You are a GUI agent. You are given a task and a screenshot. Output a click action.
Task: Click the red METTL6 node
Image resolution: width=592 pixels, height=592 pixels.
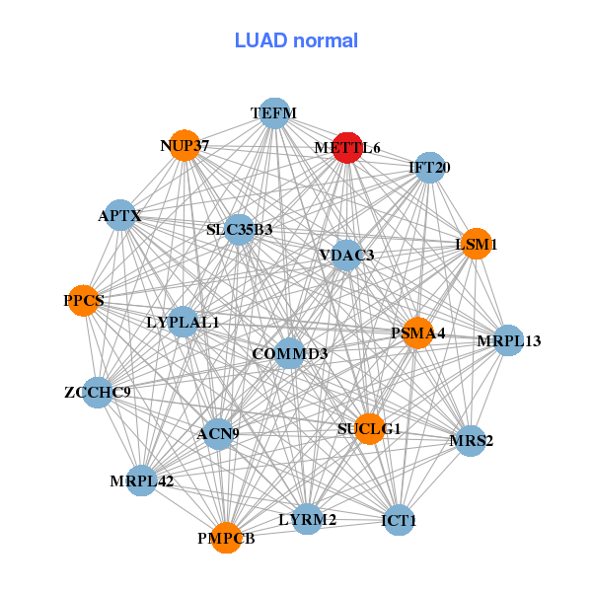(x=346, y=148)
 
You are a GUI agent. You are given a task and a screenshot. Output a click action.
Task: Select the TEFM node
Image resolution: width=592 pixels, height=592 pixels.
(x=273, y=113)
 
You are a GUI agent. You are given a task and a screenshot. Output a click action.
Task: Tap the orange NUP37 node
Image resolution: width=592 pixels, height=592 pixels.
(x=185, y=146)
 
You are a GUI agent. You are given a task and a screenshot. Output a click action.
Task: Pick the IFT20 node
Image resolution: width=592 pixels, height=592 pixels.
(x=429, y=168)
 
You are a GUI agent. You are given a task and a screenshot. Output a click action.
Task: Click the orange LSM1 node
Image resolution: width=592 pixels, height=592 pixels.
(x=476, y=244)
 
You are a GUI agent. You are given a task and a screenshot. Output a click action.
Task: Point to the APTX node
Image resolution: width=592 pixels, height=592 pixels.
(x=119, y=215)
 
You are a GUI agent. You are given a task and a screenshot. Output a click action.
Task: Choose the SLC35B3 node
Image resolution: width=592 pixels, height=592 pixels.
(x=240, y=230)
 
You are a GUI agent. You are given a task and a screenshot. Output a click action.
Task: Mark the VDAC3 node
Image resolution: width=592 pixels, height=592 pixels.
(x=346, y=256)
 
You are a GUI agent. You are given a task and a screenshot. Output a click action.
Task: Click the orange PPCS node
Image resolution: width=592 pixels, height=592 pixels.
(x=84, y=300)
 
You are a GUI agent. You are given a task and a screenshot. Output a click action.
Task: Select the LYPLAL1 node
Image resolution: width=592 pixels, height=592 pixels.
(x=183, y=322)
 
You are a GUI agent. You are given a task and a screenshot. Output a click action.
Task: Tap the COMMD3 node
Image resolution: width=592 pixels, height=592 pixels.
(x=289, y=353)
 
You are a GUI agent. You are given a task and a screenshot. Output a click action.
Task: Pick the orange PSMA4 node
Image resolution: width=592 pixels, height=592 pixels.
(x=417, y=333)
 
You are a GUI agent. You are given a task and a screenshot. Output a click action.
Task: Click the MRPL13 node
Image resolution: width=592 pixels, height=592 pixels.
(x=508, y=341)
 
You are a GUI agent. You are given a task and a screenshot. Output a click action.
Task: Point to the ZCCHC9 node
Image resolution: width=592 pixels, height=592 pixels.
(x=97, y=393)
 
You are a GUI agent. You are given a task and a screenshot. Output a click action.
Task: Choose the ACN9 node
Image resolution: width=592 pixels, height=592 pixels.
(x=218, y=433)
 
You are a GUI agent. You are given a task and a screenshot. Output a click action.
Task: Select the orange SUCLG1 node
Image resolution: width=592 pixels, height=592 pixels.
(x=369, y=429)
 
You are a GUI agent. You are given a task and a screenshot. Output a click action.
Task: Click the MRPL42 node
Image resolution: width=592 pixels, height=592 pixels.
(x=142, y=481)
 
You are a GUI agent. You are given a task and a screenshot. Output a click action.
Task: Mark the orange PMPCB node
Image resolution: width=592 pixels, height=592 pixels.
(x=226, y=538)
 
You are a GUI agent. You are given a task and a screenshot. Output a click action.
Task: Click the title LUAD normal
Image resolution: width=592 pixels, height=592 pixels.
(x=296, y=41)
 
